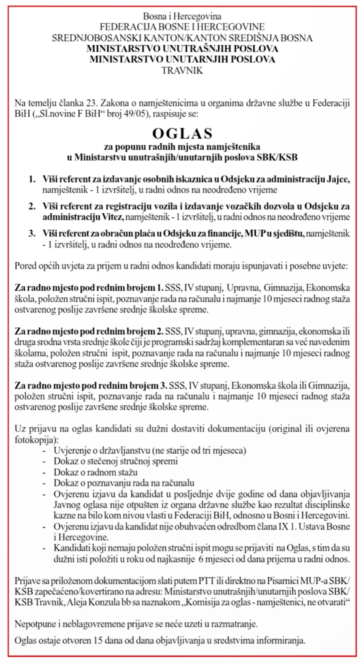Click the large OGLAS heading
pyautogui.click(x=182, y=133)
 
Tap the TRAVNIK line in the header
pyautogui.click(x=182, y=70)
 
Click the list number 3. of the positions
pyautogui.click(x=32, y=233)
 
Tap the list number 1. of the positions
pyautogui.click(x=32, y=179)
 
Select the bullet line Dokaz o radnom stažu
pyautogui.click(x=96, y=472)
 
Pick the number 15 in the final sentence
pyautogui.click(x=98, y=641)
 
